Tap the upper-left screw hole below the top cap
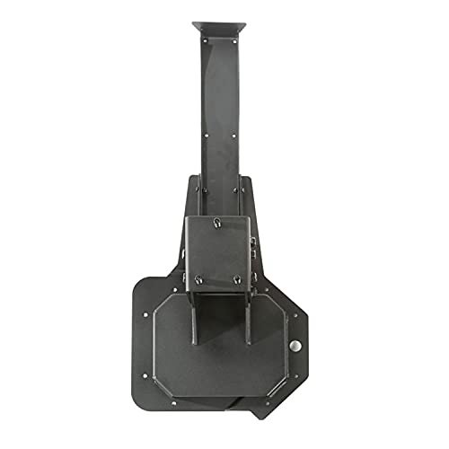(205, 41)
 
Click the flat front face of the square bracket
(219, 251)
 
